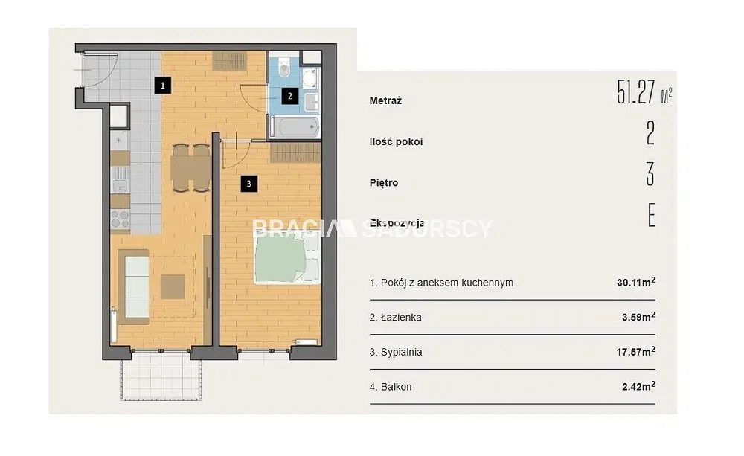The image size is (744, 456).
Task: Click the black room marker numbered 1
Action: point(163,86)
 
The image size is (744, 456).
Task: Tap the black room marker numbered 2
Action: point(290,97)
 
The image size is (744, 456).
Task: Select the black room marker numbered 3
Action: point(249,184)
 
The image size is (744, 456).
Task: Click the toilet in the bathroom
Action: point(284,68)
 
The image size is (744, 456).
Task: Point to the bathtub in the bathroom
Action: point(295,126)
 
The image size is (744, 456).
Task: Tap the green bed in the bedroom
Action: point(287,259)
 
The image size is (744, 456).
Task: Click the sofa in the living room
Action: point(134,287)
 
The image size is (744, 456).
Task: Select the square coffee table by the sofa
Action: point(173,287)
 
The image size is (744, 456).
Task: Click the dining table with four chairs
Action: point(190,167)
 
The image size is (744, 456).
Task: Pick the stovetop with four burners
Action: point(120,219)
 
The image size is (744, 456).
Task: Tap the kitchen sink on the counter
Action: point(120,179)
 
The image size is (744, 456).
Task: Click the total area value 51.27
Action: point(636,92)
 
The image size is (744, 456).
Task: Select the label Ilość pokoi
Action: point(397,142)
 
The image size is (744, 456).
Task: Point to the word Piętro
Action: point(384,183)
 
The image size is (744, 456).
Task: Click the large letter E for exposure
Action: point(652,215)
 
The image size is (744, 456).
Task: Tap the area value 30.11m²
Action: point(636,282)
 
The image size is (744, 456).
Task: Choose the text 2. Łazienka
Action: point(396,317)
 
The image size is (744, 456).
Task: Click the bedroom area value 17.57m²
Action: point(636,351)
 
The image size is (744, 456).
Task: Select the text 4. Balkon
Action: point(391,387)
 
